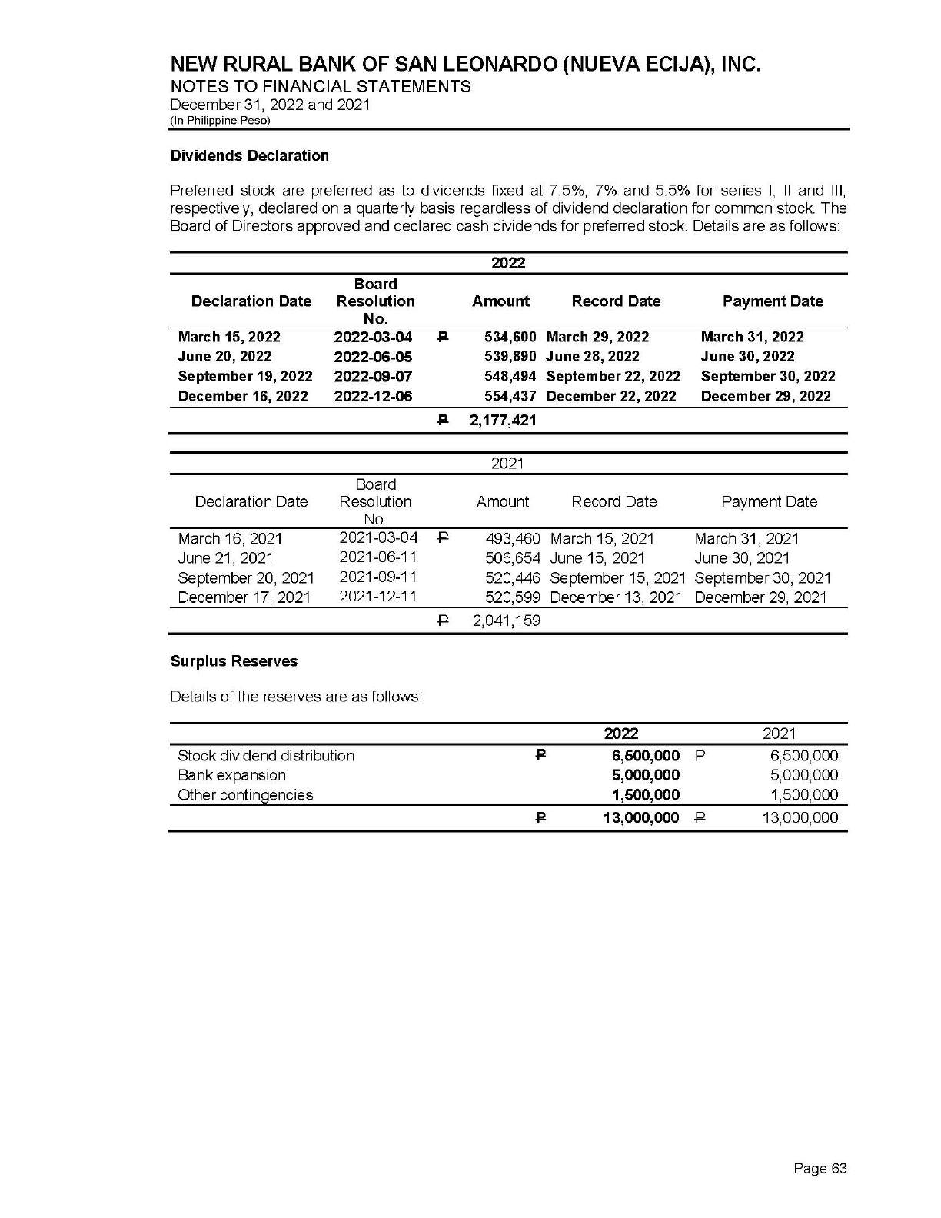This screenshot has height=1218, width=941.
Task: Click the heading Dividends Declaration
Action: pyautogui.click(x=249, y=155)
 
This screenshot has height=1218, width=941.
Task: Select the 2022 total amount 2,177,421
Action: pyautogui.click(x=503, y=420)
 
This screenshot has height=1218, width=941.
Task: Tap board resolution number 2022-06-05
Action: pyautogui.click(x=373, y=357)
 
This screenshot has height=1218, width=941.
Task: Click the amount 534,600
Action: pyautogui.click(x=510, y=337)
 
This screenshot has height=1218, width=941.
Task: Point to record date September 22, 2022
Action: pyautogui.click(x=613, y=376)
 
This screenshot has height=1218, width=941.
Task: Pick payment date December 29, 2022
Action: pyautogui.click(x=766, y=396)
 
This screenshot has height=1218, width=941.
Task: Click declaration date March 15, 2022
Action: pyautogui.click(x=229, y=337)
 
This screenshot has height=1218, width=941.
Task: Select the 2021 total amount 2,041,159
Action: pyautogui.click(x=506, y=621)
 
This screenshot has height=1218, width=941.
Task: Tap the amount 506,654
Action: pyautogui.click(x=513, y=558)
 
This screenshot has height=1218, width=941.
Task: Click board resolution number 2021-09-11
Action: pyautogui.click(x=378, y=577)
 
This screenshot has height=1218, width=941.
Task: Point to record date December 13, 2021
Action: pyautogui.click(x=617, y=597)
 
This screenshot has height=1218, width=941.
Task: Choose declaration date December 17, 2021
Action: pyautogui.click(x=244, y=597)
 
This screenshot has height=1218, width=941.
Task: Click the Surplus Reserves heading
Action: pyautogui.click(x=234, y=661)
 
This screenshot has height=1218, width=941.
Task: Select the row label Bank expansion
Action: pyautogui.click(x=231, y=775)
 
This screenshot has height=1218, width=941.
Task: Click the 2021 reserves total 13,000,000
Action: pyautogui.click(x=800, y=818)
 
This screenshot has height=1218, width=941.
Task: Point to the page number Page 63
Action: pyautogui.click(x=820, y=1169)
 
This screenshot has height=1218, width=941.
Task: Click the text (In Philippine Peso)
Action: pyautogui.click(x=220, y=121)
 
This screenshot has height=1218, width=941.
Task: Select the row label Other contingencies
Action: pyautogui.click(x=245, y=795)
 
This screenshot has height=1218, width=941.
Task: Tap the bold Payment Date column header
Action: pyautogui.click(x=773, y=301)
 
